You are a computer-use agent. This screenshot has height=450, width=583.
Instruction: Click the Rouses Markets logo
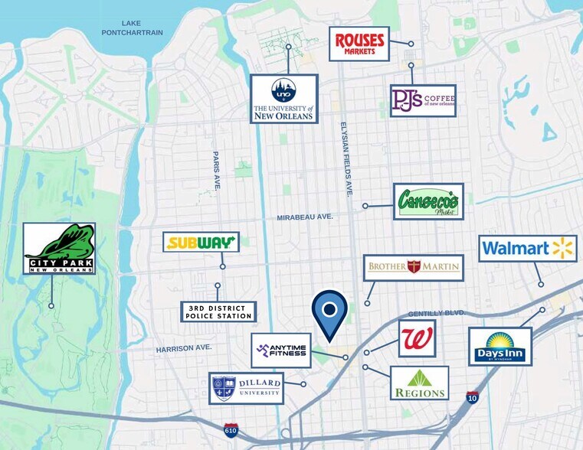point(359,44)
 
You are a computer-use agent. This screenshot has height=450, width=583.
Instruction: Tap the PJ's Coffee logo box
point(423,100)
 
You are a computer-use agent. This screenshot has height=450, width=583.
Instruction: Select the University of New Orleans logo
point(283,99)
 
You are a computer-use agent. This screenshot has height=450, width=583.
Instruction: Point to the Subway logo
point(201,243)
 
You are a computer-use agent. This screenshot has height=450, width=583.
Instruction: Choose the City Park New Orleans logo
point(59,249)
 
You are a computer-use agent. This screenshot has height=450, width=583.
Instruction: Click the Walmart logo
point(528,249)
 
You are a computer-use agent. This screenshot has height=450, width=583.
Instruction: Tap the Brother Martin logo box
point(414,267)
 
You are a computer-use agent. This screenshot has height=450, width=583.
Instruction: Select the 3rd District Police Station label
point(218,311)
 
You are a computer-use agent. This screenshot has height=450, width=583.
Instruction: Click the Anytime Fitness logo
point(281,351)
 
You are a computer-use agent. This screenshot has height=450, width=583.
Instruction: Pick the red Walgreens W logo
point(417,339)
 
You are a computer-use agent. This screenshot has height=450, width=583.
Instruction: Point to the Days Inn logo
point(499,347)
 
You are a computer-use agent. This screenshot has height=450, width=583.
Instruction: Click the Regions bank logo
point(419,383)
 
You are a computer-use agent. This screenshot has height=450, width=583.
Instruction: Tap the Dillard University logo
point(246,388)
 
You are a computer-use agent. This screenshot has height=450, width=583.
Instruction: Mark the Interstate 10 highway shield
point(472,397)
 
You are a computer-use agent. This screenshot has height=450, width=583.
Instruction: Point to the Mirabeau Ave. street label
point(305,217)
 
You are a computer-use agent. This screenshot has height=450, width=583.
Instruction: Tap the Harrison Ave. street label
point(183,348)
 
